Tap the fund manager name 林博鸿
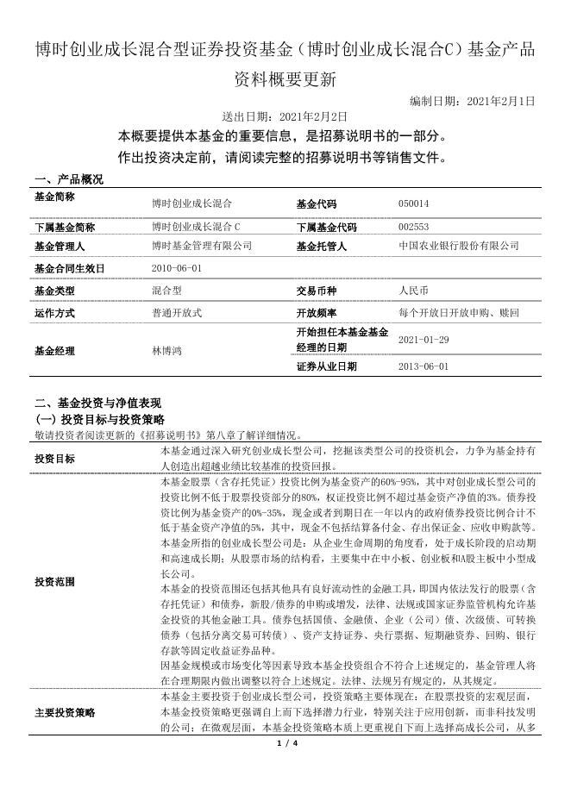click(x=166, y=351)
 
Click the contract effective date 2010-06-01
click(x=176, y=268)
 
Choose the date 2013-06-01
click(x=424, y=366)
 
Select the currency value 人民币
click(x=414, y=291)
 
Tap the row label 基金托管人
click(x=321, y=247)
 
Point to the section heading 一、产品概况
click(x=68, y=179)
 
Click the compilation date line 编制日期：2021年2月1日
click(x=472, y=101)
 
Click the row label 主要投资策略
click(x=65, y=713)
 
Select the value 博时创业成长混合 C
click(x=196, y=228)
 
